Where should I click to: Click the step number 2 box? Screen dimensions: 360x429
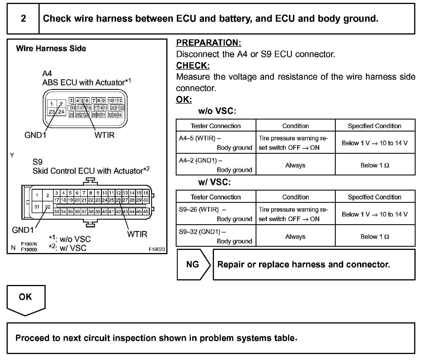(x=23, y=19)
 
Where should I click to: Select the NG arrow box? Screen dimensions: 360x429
(x=193, y=264)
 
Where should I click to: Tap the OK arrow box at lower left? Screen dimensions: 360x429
(x=26, y=298)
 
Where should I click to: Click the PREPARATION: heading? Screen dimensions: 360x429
(x=209, y=43)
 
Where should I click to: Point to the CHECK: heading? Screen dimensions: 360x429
(x=193, y=66)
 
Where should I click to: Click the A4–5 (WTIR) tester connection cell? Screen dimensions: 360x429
(x=216, y=143)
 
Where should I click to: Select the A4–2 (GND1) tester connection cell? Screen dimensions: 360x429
(x=216, y=165)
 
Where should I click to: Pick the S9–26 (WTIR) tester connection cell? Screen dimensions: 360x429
(x=216, y=214)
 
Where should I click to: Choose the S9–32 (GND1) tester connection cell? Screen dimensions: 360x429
(x=216, y=236)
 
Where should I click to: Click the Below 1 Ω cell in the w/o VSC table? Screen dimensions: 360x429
(x=375, y=165)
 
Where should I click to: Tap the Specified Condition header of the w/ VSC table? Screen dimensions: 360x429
(x=375, y=197)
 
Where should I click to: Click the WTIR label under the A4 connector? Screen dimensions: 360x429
(x=104, y=135)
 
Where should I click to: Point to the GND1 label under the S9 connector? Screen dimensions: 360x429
(x=23, y=230)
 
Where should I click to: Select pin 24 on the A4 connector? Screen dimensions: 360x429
(x=61, y=112)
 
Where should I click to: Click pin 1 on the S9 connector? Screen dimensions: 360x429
(x=37, y=196)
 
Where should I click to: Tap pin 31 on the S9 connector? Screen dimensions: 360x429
(x=37, y=207)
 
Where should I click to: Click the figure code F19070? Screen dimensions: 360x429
(x=157, y=249)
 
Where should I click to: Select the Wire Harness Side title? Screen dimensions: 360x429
(x=51, y=48)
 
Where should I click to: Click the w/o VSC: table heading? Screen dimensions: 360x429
(x=217, y=111)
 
